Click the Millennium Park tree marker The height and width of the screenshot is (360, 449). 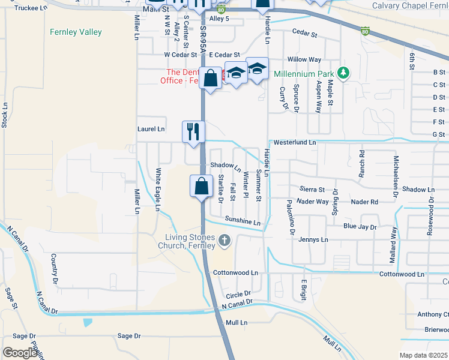coord(343,73)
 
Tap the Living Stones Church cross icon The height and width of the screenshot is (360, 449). coord(224,241)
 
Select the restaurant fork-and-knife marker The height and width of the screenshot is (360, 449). coord(193,131)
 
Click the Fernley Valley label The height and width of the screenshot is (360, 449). coord(76,32)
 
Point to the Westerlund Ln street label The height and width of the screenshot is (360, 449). coord(294,143)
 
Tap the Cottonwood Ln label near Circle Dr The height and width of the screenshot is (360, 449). coord(235,272)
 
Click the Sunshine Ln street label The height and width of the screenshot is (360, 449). coord(243,221)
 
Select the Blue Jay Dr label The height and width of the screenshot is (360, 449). coord(360,227)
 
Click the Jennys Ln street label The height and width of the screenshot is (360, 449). coord(313,239)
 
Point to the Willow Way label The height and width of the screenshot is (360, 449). coord(304,60)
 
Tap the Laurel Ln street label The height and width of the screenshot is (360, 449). coord(151,129)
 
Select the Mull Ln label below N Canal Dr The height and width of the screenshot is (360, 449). coord(237,323)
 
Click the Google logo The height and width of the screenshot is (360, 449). coord(20,353)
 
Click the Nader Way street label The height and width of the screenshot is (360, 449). coord(313,202)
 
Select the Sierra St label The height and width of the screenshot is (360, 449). coord(313,190)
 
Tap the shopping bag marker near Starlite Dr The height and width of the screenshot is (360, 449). coord(202,186)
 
